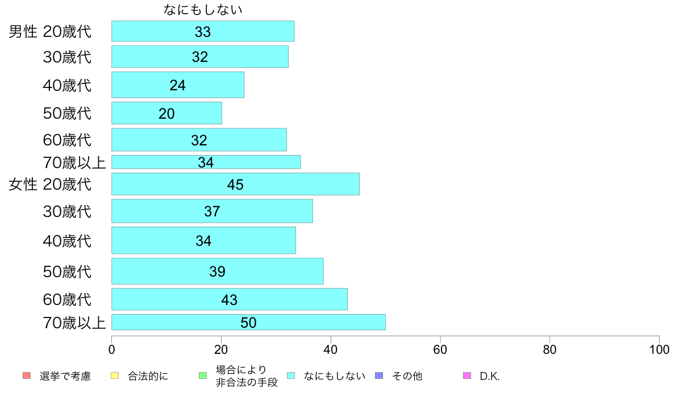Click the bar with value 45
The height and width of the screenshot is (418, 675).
point(235,184)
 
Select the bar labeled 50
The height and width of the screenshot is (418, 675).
point(248,322)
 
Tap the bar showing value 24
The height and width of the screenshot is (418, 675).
point(178,85)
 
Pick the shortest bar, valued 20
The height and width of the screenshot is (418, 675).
point(166,113)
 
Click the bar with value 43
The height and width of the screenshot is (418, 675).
point(229,299)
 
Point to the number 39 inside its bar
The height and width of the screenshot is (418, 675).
point(217,271)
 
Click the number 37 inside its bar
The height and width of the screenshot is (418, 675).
point(212,211)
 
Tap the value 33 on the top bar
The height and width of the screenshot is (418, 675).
point(203,32)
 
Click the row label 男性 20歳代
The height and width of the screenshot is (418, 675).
point(50,32)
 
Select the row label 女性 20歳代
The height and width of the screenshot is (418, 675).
point(50,185)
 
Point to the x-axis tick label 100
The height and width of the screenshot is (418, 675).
point(659,349)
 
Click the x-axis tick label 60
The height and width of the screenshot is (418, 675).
point(440,349)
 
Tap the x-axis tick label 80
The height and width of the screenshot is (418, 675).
point(549,349)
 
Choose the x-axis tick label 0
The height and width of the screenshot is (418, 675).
point(111,349)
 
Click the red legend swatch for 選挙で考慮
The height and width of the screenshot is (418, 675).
point(26,375)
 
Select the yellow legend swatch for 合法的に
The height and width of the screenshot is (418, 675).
point(114,375)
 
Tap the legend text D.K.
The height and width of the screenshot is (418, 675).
point(490,376)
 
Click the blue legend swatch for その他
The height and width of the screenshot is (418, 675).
point(379,375)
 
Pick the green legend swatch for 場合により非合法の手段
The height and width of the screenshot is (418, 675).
point(202,375)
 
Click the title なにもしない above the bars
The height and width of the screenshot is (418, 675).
point(203,10)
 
